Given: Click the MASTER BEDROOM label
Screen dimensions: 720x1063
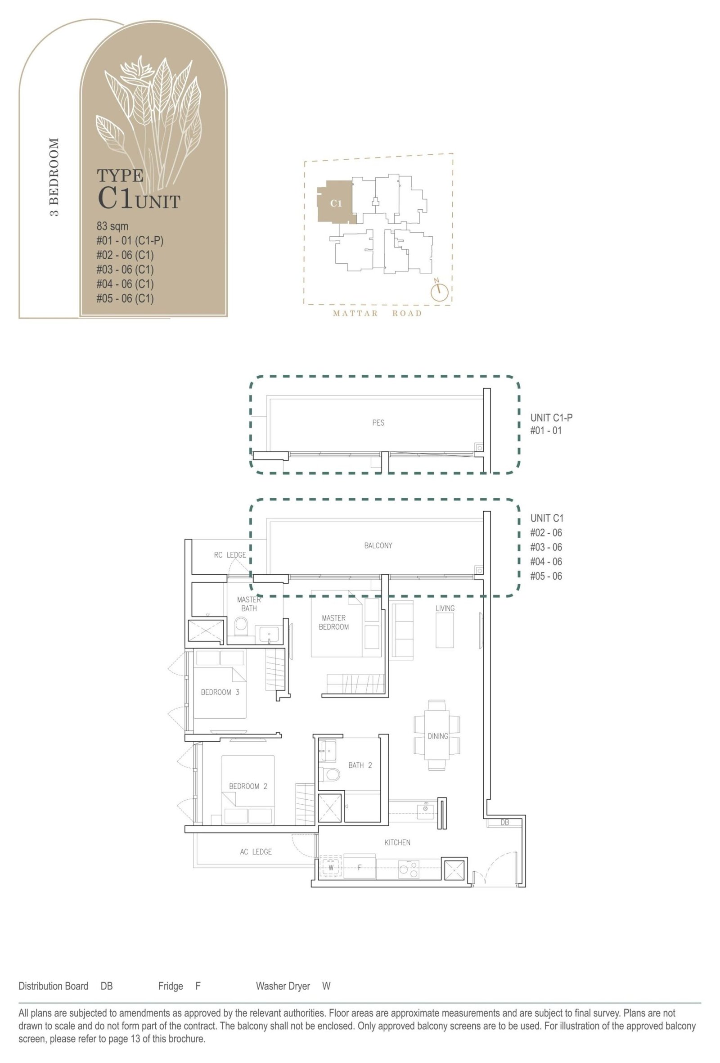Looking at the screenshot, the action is pyautogui.click(x=333, y=622).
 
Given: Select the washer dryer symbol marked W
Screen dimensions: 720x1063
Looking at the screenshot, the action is pyautogui.click(x=331, y=867).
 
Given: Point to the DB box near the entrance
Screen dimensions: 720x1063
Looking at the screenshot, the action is pyautogui.click(x=504, y=823).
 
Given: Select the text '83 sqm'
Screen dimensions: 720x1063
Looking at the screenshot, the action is pyautogui.click(x=112, y=226).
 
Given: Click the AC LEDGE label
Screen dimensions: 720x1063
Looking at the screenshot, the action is pyautogui.click(x=256, y=851).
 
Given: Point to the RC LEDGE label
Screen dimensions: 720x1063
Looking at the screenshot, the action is pyautogui.click(x=230, y=555).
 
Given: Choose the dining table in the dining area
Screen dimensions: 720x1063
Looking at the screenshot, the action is pyautogui.click(x=437, y=736).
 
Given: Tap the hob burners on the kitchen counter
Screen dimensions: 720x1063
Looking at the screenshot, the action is pyautogui.click(x=409, y=869).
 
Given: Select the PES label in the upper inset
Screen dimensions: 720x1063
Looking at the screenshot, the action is pyautogui.click(x=378, y=423).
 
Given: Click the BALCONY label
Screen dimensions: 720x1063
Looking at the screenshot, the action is pyautogui.click(x=378, y=545).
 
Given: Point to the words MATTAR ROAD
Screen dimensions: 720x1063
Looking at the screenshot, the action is pyautogui.click(x=378, y=313).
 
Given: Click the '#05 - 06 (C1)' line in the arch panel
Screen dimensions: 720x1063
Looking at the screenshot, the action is pyautogui.click(x=125, y=298).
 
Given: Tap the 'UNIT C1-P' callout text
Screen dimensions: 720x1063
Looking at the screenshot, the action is pyautogui.click(x=551, y=418).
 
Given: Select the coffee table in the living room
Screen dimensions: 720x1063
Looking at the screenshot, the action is pyautogui.click(x=445, y=631).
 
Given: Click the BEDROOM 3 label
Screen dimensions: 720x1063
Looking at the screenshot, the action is pyautogui.click(x=220, y=692).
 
